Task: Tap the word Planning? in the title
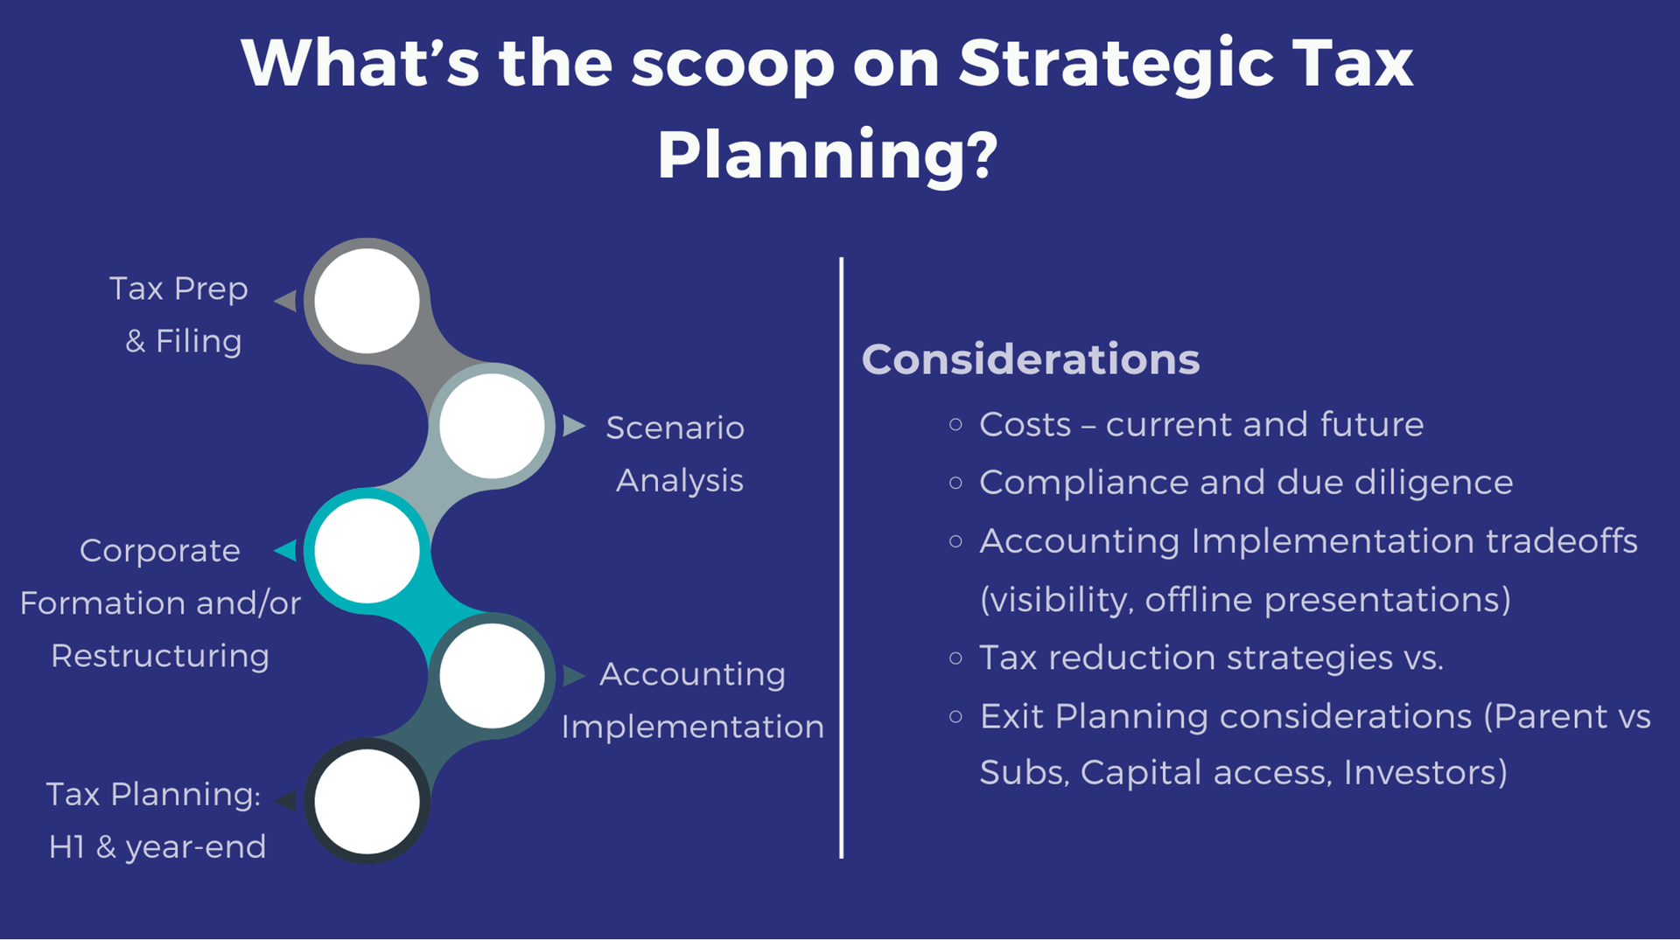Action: [828, 156]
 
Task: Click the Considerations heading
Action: [1031, 359]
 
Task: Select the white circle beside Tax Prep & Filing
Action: [367, 301]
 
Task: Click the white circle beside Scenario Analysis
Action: [492, 426]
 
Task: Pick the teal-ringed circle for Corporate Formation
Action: [367, 551]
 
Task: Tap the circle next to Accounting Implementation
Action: [492, 676]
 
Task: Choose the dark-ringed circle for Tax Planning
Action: [367, 801]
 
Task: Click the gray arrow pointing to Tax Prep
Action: [285, 301]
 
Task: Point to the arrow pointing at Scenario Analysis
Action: [574, 426]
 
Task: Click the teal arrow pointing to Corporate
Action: [285, 551]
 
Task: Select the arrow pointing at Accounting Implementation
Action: [574, 676]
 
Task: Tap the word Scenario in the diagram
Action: [675, 428]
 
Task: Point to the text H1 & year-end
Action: [157, 847]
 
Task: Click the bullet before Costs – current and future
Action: [955, 425]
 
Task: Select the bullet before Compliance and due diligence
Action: [955, 483]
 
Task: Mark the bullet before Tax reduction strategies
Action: [955, 658]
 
